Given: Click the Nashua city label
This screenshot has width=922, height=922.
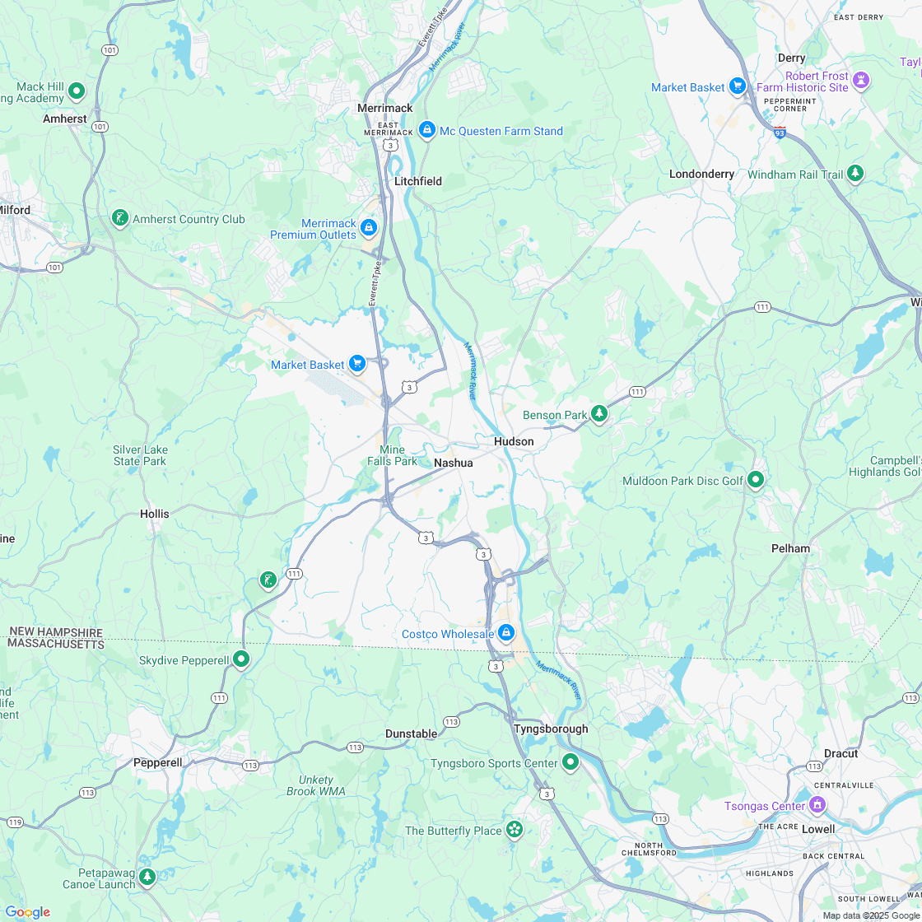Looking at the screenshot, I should point(454,463).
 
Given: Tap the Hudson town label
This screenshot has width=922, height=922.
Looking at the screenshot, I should point(514,441).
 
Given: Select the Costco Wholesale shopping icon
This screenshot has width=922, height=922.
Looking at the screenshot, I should point(506,633).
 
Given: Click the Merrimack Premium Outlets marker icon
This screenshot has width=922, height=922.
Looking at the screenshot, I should point(369,226).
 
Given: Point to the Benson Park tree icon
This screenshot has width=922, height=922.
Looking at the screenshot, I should point(599,413).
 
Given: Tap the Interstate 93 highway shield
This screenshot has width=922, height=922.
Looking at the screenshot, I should point(780,131).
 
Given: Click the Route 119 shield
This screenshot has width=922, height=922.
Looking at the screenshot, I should point(15,822).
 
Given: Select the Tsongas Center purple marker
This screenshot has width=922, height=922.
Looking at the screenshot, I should point(817,803).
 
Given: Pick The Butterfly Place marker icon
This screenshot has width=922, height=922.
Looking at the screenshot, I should point(515,829).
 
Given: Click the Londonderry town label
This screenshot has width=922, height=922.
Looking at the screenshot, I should point(701,174).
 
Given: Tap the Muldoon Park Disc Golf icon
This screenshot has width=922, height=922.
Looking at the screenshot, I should point(756,479).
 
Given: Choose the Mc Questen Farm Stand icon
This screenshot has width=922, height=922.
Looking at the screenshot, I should point(426,129).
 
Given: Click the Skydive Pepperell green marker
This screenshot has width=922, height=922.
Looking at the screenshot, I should point(241,659).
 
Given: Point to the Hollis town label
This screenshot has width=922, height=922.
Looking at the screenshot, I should point(154,514).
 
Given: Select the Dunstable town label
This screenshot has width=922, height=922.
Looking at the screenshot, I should point(411,733).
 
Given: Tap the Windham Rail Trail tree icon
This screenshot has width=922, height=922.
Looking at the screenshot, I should point(855,173).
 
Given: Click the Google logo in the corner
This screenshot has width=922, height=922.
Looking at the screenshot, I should point(27,911).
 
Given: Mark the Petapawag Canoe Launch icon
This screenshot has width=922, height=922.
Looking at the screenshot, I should point(147,876).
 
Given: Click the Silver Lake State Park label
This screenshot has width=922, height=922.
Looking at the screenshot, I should point(140,455).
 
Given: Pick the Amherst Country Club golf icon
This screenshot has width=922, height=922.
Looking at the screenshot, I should point(120,218).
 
